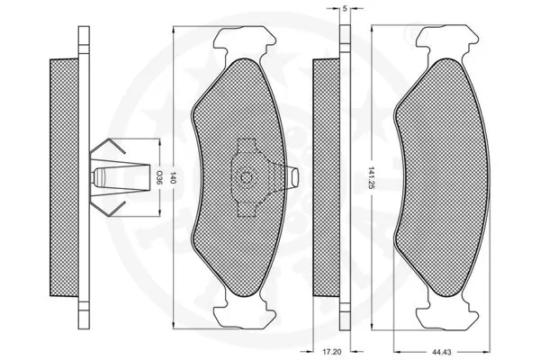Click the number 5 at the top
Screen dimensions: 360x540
(x=346, y=8)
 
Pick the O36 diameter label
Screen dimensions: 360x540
(x=159, y=176)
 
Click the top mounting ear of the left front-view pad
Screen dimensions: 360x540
(x=244, y=40)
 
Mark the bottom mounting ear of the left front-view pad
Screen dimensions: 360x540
(x=243, y=314)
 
